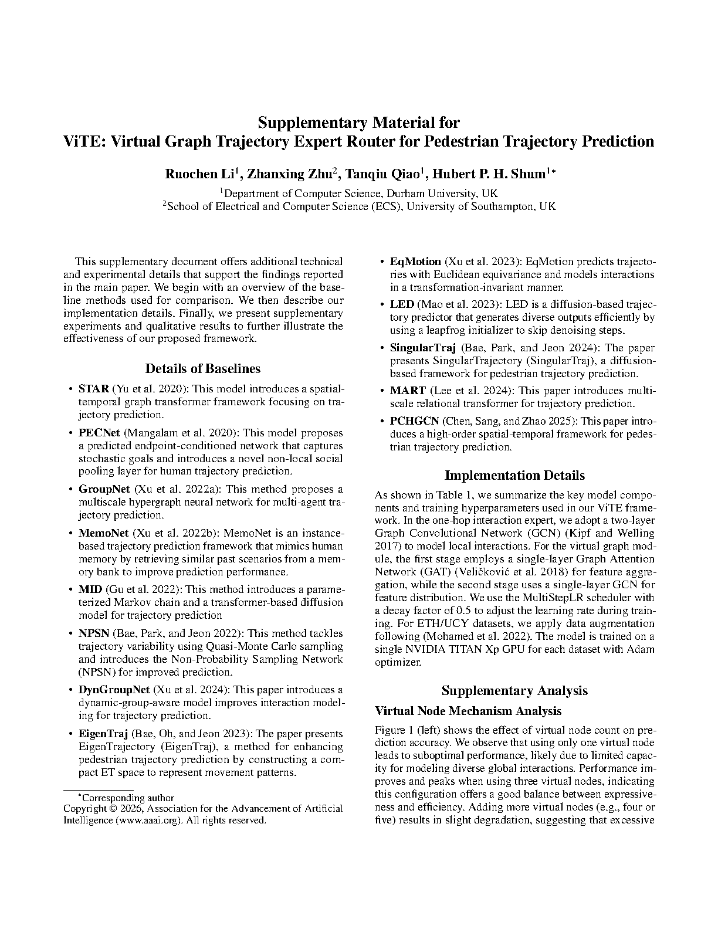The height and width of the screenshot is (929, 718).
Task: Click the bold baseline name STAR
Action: (93, 389)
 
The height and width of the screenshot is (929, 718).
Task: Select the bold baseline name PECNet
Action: (99, 433)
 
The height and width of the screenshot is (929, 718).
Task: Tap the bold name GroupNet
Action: (104, 489)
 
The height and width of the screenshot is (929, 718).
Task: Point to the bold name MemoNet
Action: (103, 533)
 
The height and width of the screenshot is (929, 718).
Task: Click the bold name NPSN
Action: (94, 633)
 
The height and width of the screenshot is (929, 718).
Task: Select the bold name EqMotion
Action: (415, 262)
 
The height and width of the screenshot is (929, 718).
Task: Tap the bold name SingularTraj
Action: (423, 348)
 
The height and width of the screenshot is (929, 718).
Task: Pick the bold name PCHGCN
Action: (414, 421)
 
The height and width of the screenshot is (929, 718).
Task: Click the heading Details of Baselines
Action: (202, 368)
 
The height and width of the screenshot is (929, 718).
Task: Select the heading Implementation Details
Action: (514, 475)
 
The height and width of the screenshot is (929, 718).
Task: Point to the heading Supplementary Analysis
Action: (514, 690)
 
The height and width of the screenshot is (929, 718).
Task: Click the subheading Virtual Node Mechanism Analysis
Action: (468, 711)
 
